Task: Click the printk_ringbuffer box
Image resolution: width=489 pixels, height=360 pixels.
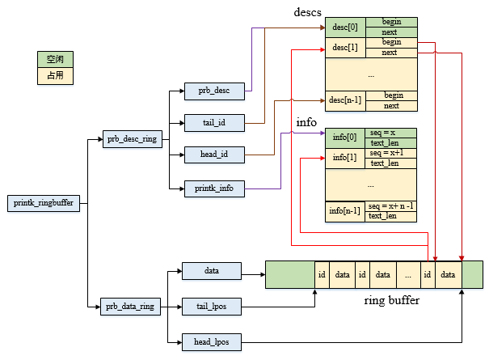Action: (43, 204)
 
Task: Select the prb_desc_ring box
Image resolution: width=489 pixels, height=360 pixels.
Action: (132, 139)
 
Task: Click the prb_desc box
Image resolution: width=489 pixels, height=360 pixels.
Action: (214, 91)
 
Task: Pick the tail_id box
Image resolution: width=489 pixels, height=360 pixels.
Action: (214, 123)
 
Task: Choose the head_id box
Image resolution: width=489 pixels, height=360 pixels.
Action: (214, 154)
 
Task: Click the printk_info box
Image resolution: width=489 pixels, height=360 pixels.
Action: (214, 188)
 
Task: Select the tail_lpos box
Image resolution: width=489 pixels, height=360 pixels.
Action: (212, 307)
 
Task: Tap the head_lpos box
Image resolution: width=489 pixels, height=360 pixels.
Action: (212, 341)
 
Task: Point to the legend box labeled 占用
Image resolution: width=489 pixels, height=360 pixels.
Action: (56, 76)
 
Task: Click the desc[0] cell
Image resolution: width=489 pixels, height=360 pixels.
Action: (345, 28)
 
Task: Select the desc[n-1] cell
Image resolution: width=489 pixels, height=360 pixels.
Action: (345, 101)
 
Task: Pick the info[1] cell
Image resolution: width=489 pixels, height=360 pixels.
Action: (345, 157)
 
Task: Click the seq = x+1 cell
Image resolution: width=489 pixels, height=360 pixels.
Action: (390, 153)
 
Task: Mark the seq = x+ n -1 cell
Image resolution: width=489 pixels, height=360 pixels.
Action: (390, 205)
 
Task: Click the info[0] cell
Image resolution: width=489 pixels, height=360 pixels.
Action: (345, 138)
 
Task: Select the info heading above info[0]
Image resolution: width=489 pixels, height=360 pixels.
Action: (306, 123)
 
